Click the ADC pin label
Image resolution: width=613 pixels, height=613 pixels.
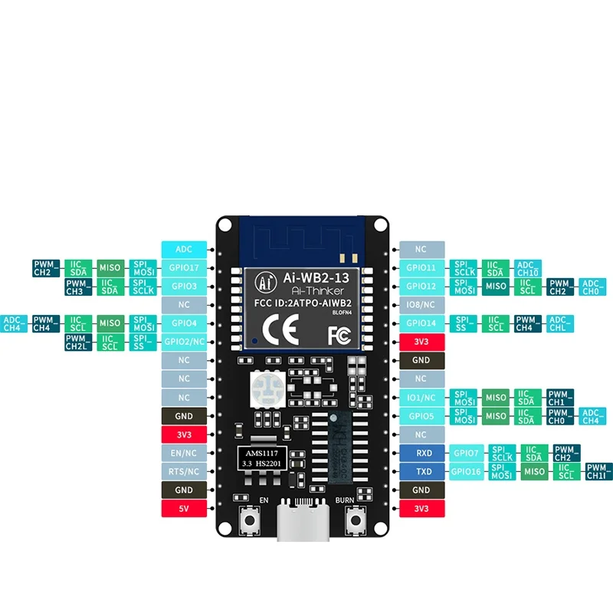pos(184,249)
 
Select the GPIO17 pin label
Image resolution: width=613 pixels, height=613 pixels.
pos(184,267)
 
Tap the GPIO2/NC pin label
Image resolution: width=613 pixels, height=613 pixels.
pos(184,341)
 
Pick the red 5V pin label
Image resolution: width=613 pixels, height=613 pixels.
pos(184,508)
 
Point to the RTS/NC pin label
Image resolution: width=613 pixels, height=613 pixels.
pos(184,471)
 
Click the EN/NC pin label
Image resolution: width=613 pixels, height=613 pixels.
pos(184,453)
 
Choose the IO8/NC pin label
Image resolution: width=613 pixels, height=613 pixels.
pos(421,304)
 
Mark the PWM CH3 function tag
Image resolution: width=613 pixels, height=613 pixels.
pos(74,287)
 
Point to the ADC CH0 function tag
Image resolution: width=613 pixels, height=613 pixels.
pos(591,287)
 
